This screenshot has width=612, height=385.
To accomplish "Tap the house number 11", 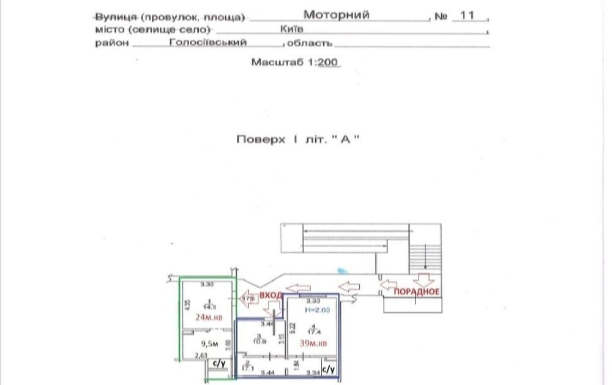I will click(x=468, y=15).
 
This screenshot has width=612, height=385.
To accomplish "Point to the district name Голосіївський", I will click(x=207, y=42).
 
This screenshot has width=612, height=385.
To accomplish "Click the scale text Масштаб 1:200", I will click(x=296, y=62).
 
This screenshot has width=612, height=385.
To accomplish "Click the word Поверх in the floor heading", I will click(x=261, y=139).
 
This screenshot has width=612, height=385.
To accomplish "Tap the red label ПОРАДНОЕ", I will click(x=416, y=291).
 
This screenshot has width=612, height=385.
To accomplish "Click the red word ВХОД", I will click(x=271, y=295).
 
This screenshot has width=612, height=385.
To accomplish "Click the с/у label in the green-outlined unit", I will click(x=217, y=364).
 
